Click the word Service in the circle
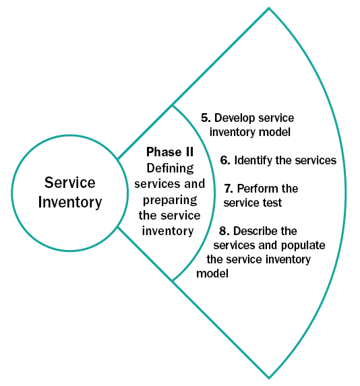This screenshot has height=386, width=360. click(69, 183)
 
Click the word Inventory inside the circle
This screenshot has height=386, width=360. click(69, 202)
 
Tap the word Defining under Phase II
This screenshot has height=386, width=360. click(170, 168)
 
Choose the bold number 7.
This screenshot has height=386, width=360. click(228, 189)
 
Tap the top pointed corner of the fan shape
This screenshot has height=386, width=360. click(269, 9)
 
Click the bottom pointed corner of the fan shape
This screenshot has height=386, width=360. click(269, 378)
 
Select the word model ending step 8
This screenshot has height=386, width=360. click(212, 274)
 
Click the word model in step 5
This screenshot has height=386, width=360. click(276, 132)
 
